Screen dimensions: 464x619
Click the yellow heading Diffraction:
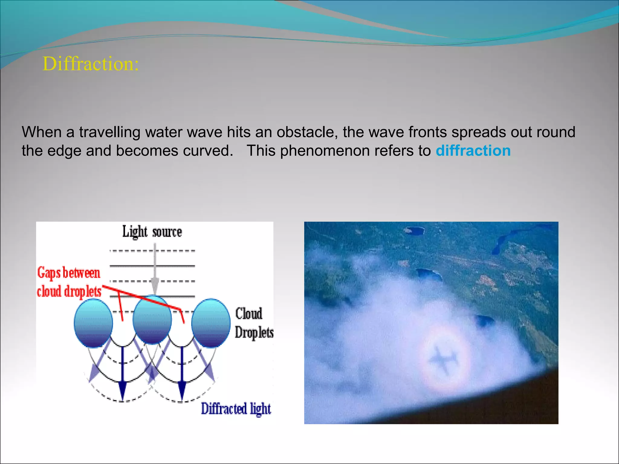tap(91, 64)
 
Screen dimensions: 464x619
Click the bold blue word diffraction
tap(473, 150)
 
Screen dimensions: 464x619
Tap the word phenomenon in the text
tap(325, 151)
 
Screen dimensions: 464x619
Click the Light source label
tap(152, 232)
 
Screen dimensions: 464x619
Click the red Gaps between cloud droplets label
tap(69, 282)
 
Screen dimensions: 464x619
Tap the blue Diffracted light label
tap(236, 409)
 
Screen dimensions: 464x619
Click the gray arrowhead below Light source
tap(155, 285)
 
